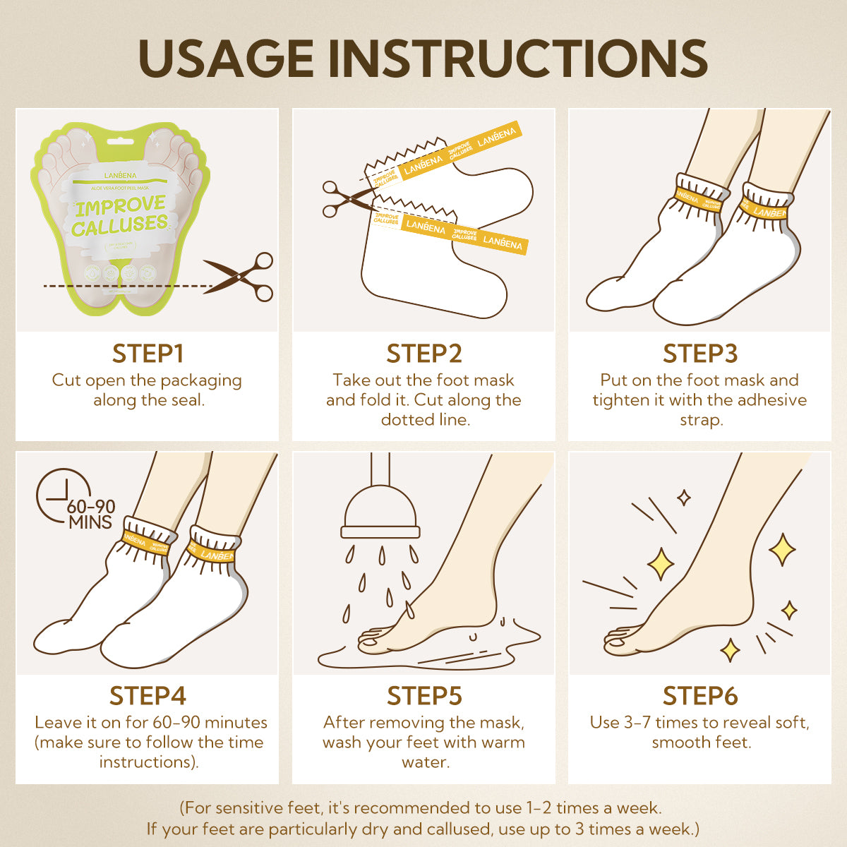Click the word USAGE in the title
click(x=227, y=58)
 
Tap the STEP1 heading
click(x=148, y=354)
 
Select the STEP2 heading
click(x=424, y=354)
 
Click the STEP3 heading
click(x=700, y=354)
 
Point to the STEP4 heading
click(x=148, y=696)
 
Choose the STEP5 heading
click(x=424, y=696)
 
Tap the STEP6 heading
click(x=700, y=696)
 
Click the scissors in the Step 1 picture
click(x=240, y=277)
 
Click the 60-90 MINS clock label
click(x=90, y=515)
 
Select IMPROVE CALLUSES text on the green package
click(x=119, y=217)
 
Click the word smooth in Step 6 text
click(x=680, y=743)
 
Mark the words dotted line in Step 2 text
click(x=425, y=420)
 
